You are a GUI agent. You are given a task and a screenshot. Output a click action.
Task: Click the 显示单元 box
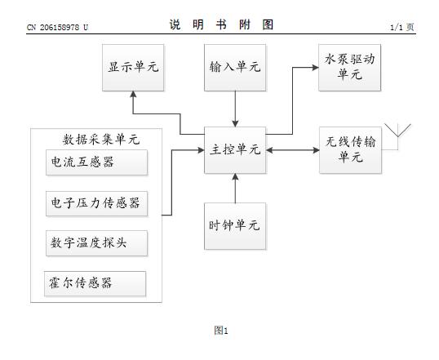click(133, 68)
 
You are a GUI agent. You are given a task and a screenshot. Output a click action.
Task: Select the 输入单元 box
click(235, 68)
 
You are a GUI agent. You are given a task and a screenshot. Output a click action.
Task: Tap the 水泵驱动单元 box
click(350, 68)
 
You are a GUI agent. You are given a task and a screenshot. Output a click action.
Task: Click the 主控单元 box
click(235, 150)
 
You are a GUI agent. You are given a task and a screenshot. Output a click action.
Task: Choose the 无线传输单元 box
click(350, 150)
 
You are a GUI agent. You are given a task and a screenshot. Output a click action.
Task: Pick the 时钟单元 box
click(235, 226)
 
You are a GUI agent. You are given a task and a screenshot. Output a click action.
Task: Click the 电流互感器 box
click(96, 162)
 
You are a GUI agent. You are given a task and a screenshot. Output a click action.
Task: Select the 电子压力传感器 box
click(96, 203)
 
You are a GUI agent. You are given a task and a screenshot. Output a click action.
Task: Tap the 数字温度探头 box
click(96, 243)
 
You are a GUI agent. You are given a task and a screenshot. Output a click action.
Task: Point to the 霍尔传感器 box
click(95, 283)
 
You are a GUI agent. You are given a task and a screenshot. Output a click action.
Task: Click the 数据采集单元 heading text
click(101, 140)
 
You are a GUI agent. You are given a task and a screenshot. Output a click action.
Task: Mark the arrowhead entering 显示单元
click(133, 95)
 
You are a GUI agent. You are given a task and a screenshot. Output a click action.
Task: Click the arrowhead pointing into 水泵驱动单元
click(316, 68)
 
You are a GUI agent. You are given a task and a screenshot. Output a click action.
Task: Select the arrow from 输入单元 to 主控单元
click(235, 109)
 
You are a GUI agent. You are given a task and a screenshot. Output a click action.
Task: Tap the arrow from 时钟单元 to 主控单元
click(235, 188)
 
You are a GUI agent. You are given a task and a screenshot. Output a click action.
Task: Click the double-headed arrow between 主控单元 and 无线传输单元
click(293, 150)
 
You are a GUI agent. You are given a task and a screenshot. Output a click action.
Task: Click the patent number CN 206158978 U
click(57, 28)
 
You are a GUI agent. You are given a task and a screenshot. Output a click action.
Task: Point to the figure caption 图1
click(221, 331)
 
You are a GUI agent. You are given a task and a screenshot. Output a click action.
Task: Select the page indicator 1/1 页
click(402, 27)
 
